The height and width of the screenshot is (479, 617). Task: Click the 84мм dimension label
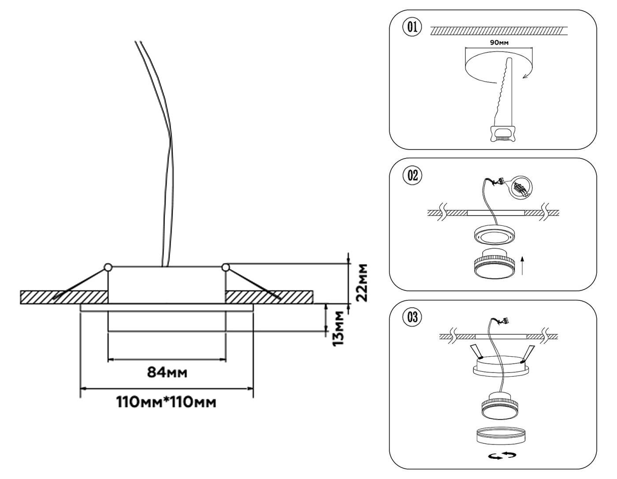pyautogui.click(x=167, y=372)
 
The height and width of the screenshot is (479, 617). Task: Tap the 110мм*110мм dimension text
pyautogui.click(x=166, y=402)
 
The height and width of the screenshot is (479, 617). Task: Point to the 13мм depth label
pyautogui.click(x=338, y=328)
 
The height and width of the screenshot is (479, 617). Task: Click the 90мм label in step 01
pyautogui.click(x=499, y=43)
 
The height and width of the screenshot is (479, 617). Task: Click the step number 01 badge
pyautogui.click(x=411, y=27)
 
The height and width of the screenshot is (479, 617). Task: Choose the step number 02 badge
pyautogui.click(x=412, y=175)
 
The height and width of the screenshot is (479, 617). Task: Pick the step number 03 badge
pyautogui.click(x=412, y=317)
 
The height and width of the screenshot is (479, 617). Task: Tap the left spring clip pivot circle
pyautogui.click(x=108, y=267)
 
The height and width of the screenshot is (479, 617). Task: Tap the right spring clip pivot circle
pyautogui.click(x=226, y=267)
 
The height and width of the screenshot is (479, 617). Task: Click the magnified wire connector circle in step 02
pyautogui.click(x=521, y=188)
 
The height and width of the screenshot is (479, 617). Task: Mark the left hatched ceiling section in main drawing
pyautogui.click(x=64, y=297)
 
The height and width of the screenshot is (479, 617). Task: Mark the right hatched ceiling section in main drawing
pyautogui.click(x=269, y=297)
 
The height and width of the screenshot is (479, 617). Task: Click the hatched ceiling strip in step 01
pyautogui.click(x=498, y=31)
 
